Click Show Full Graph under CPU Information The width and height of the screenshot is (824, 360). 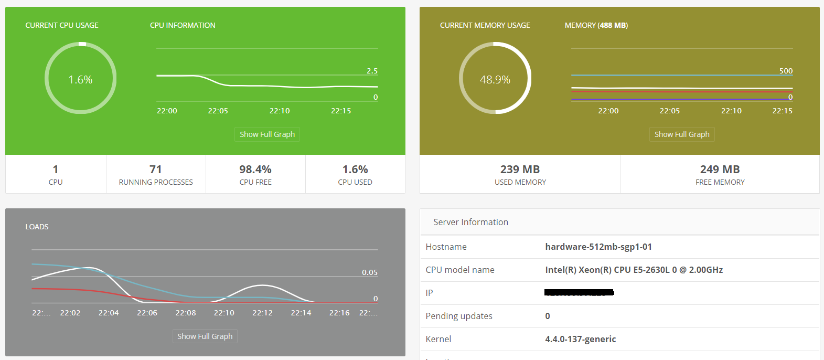(x=267, y=134)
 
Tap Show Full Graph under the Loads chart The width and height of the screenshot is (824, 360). (x=205, y=336)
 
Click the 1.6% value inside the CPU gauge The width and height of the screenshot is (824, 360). (x=80, y=80)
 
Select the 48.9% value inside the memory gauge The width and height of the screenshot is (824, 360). (x=495, y=80)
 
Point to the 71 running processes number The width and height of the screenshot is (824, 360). (x=155, y=170)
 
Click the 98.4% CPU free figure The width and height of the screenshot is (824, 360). (x=255, y=170)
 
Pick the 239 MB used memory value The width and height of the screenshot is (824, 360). (x=520, y=170)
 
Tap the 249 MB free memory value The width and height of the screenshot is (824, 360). (x=720, y=170)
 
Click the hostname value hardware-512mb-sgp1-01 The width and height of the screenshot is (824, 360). (x=598, y=247)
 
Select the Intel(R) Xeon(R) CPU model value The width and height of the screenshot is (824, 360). (x=634, y=270)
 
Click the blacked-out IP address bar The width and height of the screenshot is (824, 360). (x=579, y=292)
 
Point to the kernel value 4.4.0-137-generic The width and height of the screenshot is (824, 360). (x=580, y=339)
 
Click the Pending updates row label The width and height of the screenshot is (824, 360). (x=459, y=316)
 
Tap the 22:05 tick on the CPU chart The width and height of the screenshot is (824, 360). (x=218, y=111)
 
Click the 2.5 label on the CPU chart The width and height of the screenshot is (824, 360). (x=372, y=71)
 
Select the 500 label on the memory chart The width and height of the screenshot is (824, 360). (x=786, y=71)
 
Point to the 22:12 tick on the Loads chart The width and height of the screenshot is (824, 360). (x=262, y=313)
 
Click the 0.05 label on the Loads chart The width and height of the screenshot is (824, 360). (x=369, y=272)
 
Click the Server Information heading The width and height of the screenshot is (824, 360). (x=470, y=222)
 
